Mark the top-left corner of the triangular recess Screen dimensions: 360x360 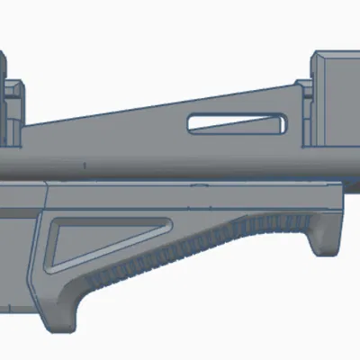tap(56, 223)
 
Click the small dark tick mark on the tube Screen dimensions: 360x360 tap(83, 166)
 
